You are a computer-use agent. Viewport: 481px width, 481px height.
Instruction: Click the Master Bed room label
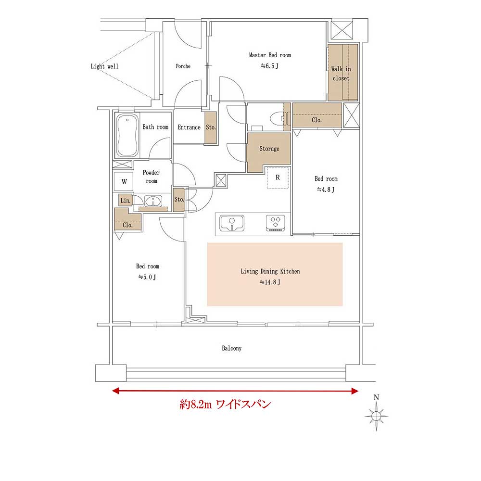[x=270, y=55]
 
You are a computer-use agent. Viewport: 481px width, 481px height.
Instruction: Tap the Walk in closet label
[x=341, y=74]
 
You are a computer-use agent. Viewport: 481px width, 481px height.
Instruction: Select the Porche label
[x=183, y=66]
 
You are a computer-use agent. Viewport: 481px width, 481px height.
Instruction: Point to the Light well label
[x=104, y=66]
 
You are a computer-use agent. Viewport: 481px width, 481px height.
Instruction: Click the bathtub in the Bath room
[x=127, y=135]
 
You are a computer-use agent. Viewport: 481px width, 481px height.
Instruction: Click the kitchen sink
[x=232, y=223]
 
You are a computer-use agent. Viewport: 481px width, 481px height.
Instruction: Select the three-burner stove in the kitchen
[x=275, y=223]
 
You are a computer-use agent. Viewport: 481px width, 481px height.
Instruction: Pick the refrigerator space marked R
[x=278, y=177]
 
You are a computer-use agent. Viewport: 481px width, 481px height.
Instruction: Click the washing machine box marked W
[x=124, y=182]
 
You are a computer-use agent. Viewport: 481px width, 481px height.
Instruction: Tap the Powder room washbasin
[x=153, y=202]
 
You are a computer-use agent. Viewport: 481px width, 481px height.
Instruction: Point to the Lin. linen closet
[x=126, y=200]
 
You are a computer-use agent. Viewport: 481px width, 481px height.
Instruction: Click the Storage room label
[x=269, y=149]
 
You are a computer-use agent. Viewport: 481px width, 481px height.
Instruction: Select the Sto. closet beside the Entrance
[x=211, y=127]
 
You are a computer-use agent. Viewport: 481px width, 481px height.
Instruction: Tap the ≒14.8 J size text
[x=270, y=282]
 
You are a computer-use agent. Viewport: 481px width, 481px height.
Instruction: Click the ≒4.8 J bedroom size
[x=326, y=190]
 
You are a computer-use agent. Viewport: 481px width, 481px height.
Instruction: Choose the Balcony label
[x=232, y=348]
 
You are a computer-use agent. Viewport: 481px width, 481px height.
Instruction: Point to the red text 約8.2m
[x=195, y=405]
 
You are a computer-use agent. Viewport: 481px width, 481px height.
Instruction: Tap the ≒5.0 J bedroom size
[x=147, y=277]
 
